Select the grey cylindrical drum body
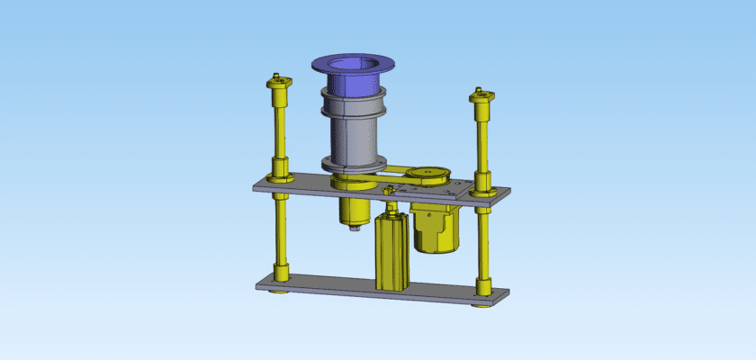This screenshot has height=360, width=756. pyautogui.click(x=351, y=135)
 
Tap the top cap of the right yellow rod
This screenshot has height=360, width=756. pyautogui.click(x=482, y=94)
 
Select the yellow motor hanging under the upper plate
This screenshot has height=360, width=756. pyautogui.click(x=435, y=229)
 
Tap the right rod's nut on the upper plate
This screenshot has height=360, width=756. pyautogui.click(x=481, y=188)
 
